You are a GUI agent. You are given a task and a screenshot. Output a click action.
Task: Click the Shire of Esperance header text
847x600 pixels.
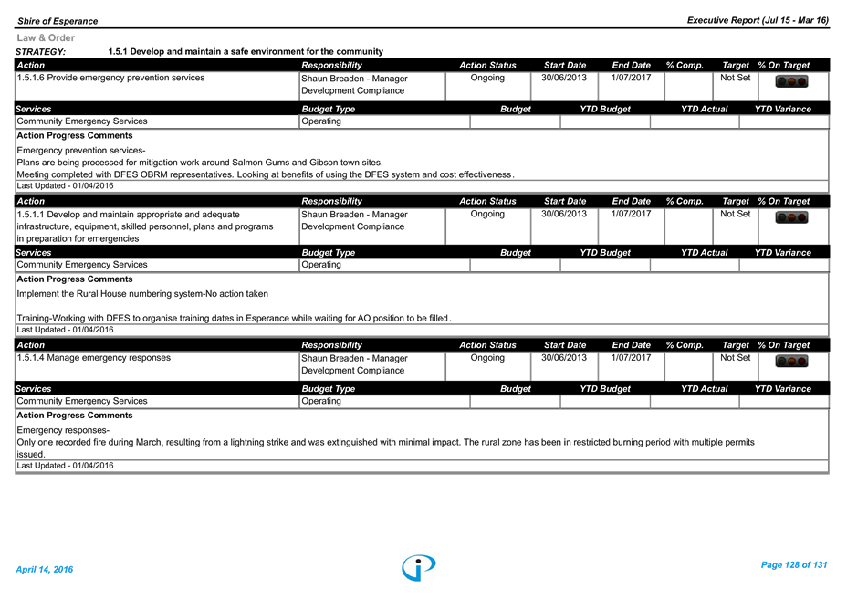[58, 21]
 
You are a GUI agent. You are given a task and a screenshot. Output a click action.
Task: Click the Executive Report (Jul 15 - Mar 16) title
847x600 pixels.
[758, 20]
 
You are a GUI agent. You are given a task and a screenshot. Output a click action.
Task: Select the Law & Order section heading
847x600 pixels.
[46, 37]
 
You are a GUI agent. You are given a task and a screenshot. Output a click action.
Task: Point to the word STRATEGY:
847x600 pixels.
[40, 52]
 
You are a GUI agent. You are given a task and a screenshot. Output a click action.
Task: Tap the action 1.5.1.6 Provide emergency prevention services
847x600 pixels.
[110, 78]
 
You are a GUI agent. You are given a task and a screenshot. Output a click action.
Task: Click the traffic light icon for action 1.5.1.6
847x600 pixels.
[791, 81]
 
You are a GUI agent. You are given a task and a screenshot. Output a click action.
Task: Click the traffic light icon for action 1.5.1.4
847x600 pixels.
[791, 361]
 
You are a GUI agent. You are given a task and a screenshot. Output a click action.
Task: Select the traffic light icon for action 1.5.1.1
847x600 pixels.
[791, 217]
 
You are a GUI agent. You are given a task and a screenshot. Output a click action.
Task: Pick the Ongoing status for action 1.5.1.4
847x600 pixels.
[487, 358]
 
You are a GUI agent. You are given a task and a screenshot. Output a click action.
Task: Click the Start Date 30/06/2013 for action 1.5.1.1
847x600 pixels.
[564, 214]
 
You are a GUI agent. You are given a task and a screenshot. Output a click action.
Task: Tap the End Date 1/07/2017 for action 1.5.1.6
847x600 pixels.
[631, 78]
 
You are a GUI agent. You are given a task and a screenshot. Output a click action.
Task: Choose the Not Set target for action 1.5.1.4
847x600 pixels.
[735, 358]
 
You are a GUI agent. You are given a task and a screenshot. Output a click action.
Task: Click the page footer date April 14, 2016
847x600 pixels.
[45, 570]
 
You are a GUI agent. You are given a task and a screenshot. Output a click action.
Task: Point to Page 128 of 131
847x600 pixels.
[794, 565]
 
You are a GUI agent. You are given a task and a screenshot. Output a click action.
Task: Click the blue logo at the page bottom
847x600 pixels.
[419, 567]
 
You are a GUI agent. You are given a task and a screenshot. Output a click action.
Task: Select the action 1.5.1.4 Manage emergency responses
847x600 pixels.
[93, 358]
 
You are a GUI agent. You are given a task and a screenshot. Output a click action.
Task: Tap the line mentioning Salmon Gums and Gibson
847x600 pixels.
[200, 163]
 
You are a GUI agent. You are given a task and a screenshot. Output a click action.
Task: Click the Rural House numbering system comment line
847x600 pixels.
[142, 294]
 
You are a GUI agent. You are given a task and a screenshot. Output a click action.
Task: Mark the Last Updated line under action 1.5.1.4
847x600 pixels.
[66, 466]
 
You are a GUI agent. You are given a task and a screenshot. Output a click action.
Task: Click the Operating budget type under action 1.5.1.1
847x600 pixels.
[321, 265]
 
